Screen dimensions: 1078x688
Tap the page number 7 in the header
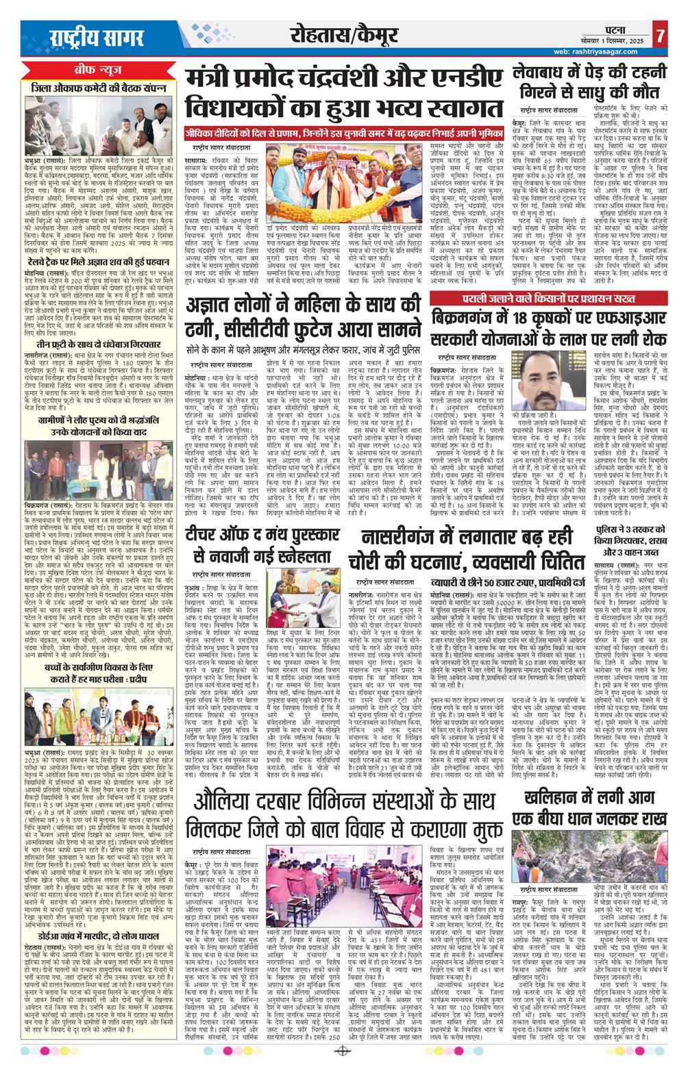[659, 34]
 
